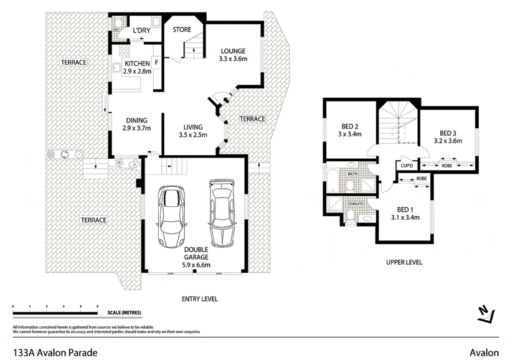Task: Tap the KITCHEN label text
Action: point(137,64)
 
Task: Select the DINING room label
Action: point(136,121)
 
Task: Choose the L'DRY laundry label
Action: point(142,30)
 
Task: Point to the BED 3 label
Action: point(448,133)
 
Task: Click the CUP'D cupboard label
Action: point(407,166)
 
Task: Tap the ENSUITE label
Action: point(356,203)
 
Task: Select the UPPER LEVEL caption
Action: point(404,262)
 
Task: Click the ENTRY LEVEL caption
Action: point(199,299)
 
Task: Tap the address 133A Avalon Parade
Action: point(55,353)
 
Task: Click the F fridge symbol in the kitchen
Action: point(156,63)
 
